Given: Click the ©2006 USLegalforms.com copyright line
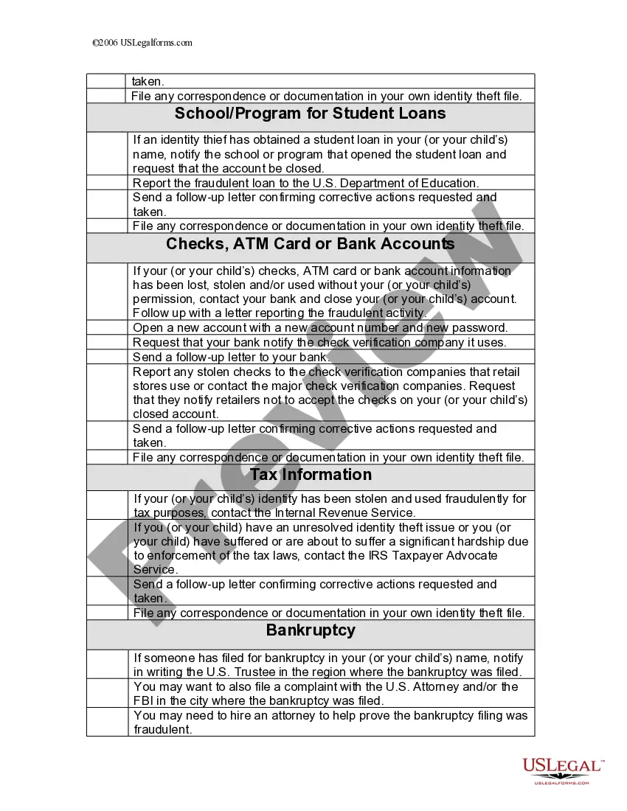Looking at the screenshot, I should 142,43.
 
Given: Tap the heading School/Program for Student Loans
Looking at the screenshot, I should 310,114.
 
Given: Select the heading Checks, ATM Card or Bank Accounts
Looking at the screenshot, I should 310,244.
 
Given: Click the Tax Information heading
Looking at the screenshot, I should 310,475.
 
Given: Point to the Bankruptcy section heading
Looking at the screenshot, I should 310,630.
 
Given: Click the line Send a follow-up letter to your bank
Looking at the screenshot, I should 232,357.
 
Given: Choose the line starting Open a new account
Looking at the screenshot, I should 320,328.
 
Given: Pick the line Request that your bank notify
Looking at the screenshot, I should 319,342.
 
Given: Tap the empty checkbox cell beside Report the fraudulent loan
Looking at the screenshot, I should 106,183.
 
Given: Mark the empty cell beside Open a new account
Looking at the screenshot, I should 106,328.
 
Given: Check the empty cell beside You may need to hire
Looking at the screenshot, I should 106,722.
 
